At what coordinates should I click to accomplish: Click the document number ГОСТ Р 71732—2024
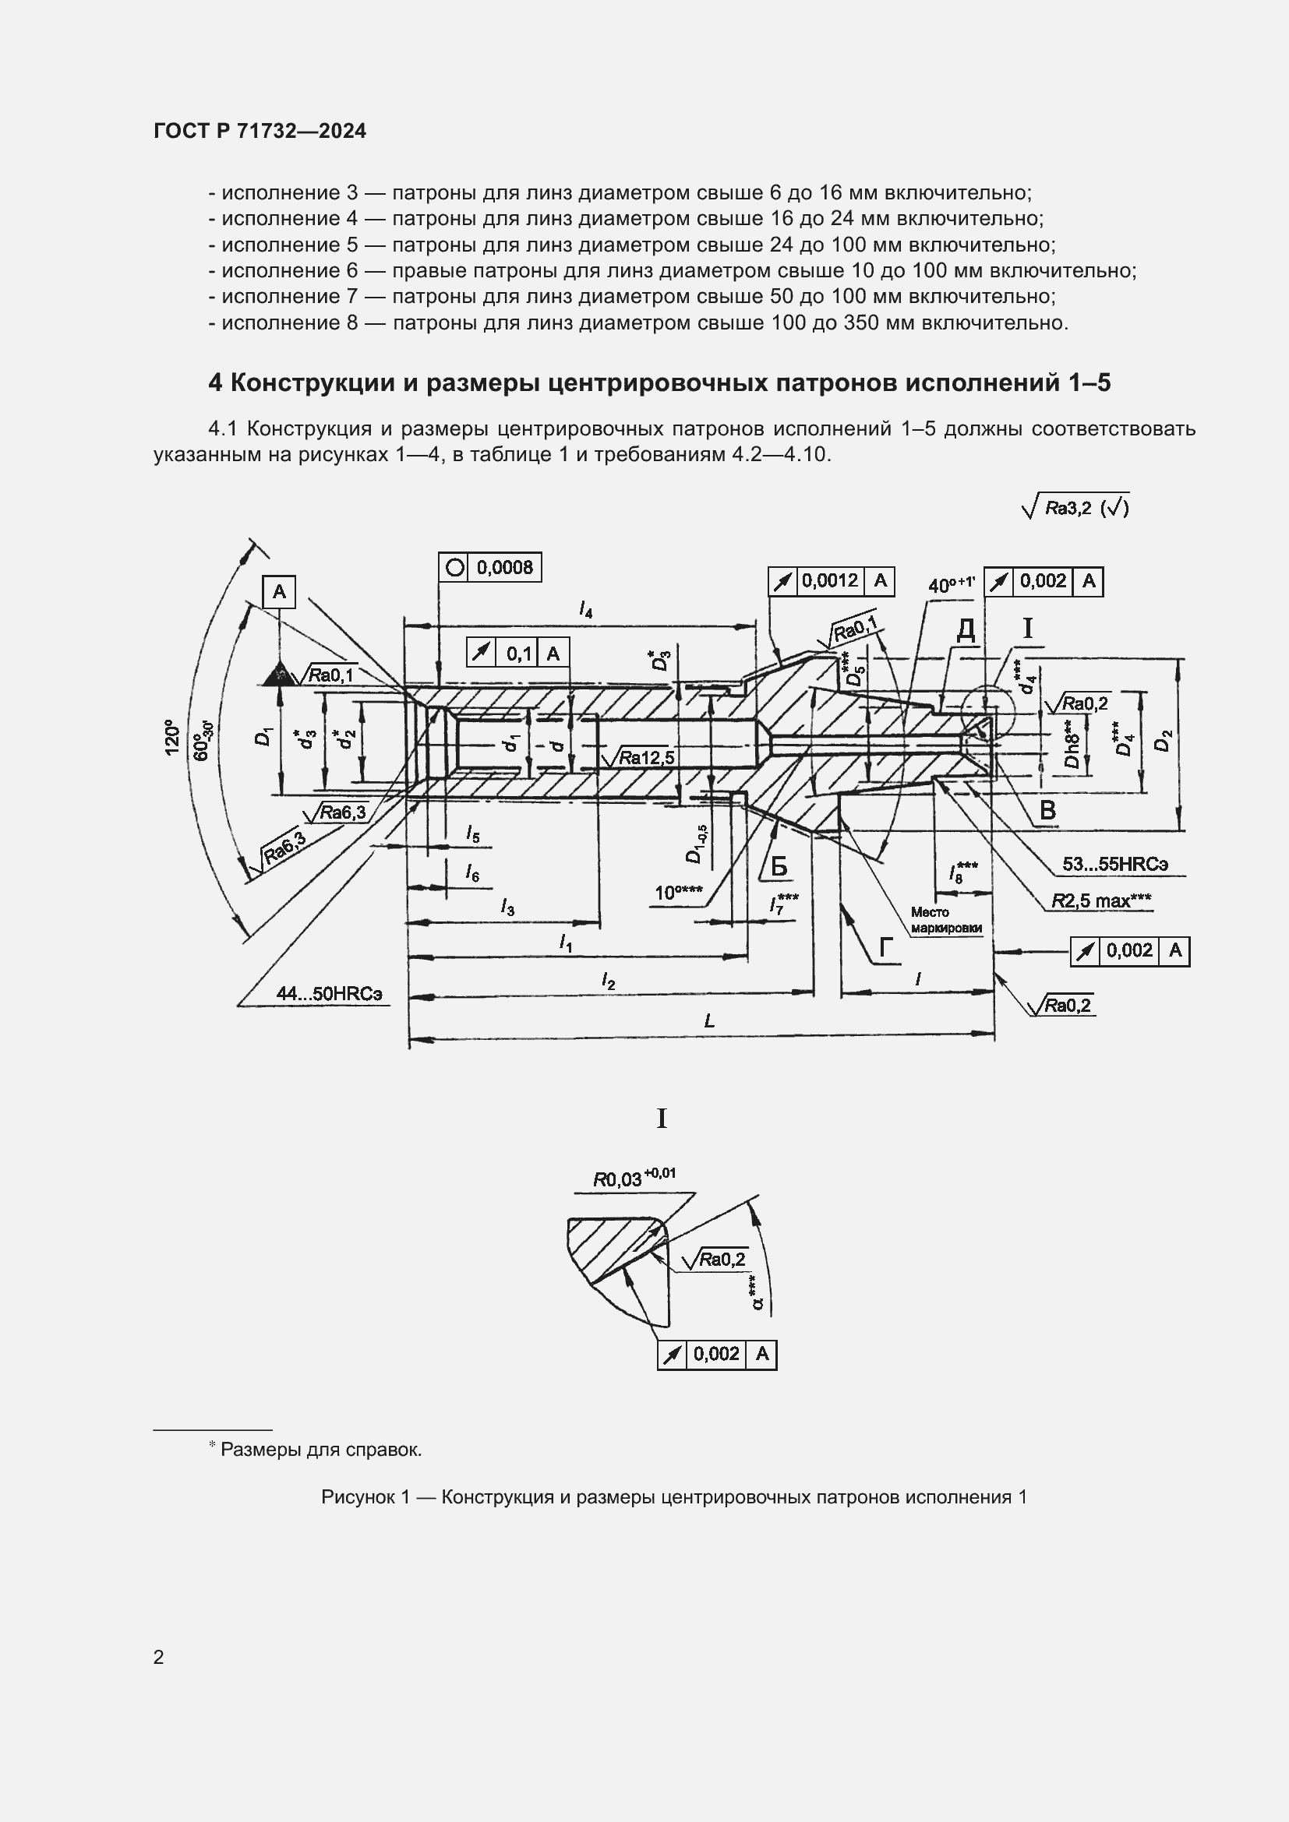(260, 131)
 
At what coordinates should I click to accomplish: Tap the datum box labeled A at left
(278, 592)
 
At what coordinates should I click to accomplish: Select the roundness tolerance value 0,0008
(504, 567)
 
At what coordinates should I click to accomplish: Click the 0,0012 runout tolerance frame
(830, 581)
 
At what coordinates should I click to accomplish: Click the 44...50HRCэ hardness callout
(329, 992)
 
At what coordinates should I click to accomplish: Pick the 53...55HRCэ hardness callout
(1114, 863)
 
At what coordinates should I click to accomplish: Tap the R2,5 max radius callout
(1101, 900)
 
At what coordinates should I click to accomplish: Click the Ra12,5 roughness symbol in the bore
(640, 758)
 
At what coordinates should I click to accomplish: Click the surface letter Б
(779, 866)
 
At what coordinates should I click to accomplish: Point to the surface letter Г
(886, 947)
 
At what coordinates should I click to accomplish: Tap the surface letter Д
(965, 630)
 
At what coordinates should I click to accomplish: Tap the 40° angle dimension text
(951, 585)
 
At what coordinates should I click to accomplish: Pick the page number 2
(159, 1657)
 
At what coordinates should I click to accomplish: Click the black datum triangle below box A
(278, 674)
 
